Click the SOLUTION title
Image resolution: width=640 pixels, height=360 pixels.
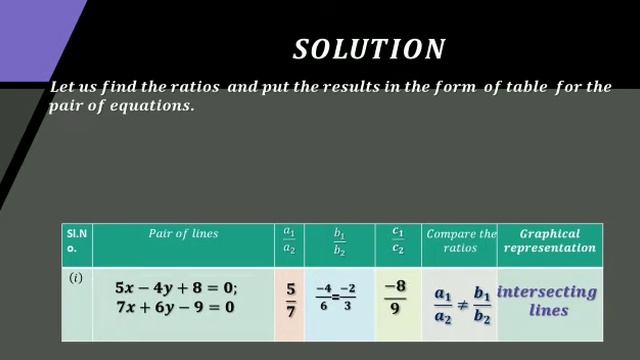click(369, 49)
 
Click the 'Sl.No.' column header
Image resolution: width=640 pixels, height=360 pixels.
click(76, 240)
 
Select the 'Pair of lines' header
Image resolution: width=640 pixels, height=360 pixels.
click(183, 234)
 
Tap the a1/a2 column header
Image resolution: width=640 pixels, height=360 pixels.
click(289, 241)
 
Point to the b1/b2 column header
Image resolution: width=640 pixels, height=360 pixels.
click(340, 241)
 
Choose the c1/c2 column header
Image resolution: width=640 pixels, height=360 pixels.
click(398, 241)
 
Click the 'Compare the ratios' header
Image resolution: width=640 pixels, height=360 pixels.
click(460, 240)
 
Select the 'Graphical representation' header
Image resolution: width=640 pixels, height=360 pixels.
click(550, 240)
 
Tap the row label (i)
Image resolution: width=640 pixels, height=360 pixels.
click(75, 278)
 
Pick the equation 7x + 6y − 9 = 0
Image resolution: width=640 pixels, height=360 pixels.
click(175, 306)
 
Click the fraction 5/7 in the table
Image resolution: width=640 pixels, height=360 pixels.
click(290, 298)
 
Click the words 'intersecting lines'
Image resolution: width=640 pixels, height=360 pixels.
click(547, 301)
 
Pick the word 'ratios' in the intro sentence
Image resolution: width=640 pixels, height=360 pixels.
click(196, 88)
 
